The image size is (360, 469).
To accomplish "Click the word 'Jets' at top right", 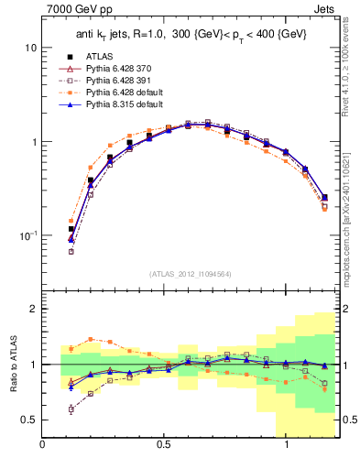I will point(325,12).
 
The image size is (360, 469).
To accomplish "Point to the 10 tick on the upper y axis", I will point(31,47).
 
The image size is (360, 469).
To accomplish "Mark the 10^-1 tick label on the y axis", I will point(28,236).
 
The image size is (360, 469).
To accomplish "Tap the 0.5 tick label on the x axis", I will point(165,445).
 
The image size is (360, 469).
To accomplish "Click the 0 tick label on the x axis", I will point(43,445).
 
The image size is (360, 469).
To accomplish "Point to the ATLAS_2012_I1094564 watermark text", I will point(189,274).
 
